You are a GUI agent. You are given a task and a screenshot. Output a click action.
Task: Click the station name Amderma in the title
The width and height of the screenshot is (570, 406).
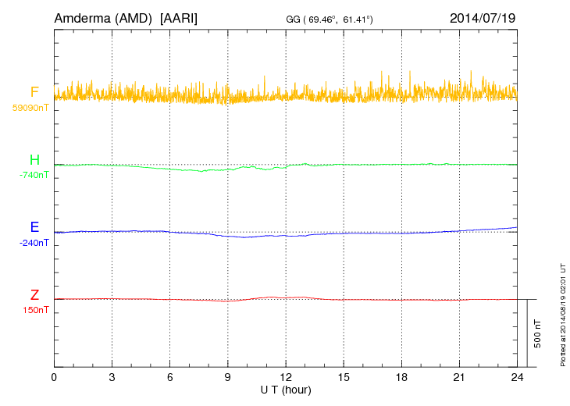82,17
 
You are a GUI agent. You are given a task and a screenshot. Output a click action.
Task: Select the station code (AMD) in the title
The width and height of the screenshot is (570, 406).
134,17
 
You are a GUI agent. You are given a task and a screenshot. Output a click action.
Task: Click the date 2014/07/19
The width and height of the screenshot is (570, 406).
483,17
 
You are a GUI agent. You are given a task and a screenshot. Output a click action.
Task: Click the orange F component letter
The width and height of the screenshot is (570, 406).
34,93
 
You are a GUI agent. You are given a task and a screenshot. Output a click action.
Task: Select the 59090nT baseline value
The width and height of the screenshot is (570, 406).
30,108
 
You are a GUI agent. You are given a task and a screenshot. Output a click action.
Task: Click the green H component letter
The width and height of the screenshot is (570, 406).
34,160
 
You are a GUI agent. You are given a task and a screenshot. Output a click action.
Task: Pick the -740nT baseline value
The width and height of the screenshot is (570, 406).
33,175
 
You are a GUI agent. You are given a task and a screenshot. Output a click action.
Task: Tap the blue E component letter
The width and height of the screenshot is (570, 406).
34,227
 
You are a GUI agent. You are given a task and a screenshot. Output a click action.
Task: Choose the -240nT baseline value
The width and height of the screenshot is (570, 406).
33,242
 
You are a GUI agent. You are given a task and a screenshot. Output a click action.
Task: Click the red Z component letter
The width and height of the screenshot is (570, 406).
34,294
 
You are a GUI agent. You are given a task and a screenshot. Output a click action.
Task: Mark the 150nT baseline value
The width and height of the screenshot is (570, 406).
35,309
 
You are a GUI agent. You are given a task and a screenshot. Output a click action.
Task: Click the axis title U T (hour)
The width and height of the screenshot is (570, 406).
286,390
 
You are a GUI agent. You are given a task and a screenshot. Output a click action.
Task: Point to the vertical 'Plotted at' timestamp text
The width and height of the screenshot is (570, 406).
562,312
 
